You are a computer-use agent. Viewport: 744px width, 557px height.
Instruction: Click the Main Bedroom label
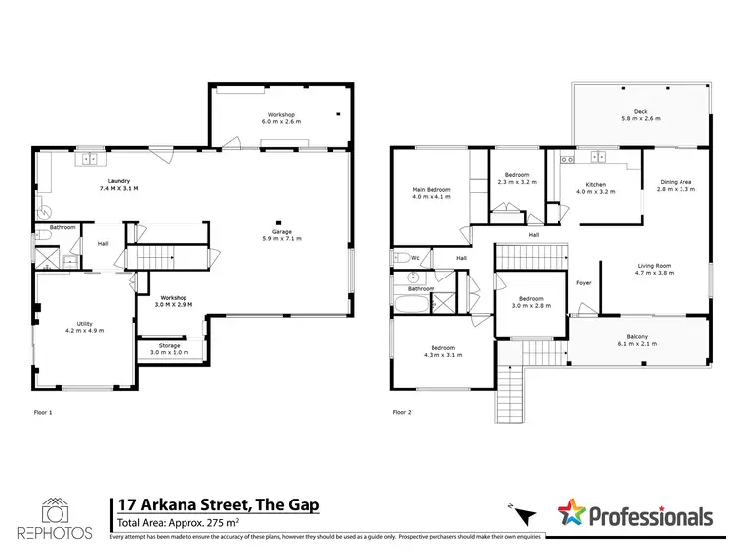click(432, 193)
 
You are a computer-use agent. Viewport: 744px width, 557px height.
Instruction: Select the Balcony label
click(638, 337)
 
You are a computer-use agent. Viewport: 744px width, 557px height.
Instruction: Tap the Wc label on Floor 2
click(414, 258)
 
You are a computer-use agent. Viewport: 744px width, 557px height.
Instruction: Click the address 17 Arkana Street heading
click(218, 504)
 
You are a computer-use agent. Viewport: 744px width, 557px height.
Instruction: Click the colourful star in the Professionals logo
click(572, 513)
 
